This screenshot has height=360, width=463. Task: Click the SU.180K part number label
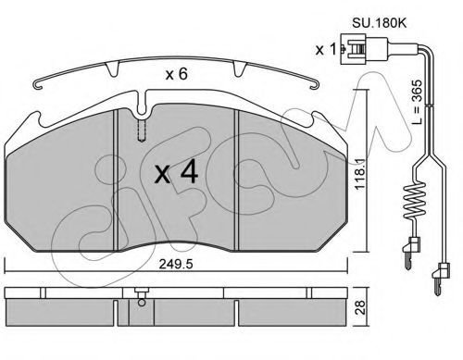point(380,23)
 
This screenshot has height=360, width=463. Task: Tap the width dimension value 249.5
point(176,264)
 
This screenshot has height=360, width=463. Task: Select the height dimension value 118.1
point(360,174)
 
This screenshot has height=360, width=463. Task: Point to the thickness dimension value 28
point(360,307)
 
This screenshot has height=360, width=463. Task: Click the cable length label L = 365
point(417,102)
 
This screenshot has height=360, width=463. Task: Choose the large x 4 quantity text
point(176,173)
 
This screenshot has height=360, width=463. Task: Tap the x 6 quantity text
point(176,74)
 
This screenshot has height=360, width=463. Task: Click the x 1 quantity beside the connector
point(325,49)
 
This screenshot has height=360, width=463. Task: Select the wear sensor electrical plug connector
point(364,49)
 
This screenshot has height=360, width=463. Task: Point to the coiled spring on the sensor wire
point(414,201)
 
